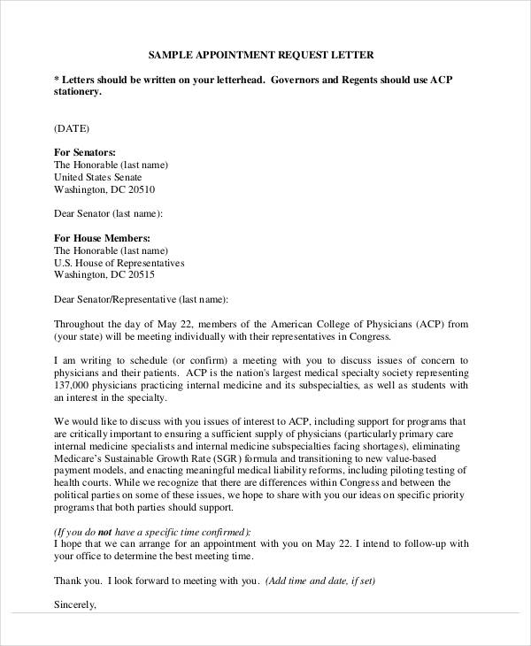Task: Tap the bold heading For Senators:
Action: (85, 152)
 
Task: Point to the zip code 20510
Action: (137, 189)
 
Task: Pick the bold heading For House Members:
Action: (102, 238)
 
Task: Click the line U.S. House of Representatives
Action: (119, 263)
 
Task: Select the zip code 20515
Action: (137, 275)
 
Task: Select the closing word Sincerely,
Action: (74, 606)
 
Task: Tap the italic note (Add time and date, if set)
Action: (320, 581)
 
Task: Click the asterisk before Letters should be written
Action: (57, 77)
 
